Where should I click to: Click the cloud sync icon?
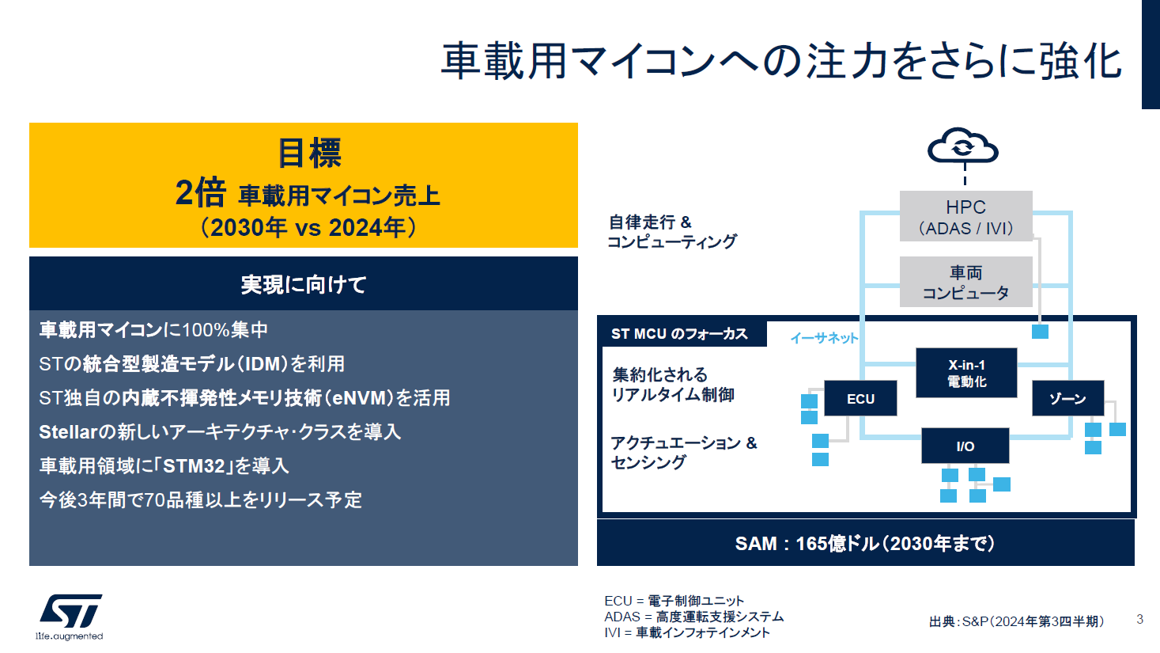tap(963, 146)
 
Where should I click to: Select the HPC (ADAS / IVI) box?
tap(965, 217)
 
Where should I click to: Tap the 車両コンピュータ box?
tap(965, 283)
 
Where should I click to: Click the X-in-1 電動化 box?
tap(966, 373)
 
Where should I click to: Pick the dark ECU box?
tap(860, 398)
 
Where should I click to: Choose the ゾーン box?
tap(1067, 398)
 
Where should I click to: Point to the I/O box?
tap(965, 446)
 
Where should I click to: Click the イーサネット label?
tap(824, 338)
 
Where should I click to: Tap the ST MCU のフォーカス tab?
tap(679, 334)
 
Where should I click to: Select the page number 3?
tap(1139, 619)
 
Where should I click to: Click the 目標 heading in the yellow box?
tap(309, 153)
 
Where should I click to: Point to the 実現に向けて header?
tap(304, 284)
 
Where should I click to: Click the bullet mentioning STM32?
tap(164, 465)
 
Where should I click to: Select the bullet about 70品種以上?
tap(201, 499)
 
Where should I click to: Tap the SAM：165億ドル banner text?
tap(865, 543)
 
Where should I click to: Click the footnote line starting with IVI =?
tap(687, 632)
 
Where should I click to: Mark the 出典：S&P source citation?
tap(1016, 621)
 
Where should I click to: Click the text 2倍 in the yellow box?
tap(200, 192)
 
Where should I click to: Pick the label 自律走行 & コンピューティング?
tap(671, 231)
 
